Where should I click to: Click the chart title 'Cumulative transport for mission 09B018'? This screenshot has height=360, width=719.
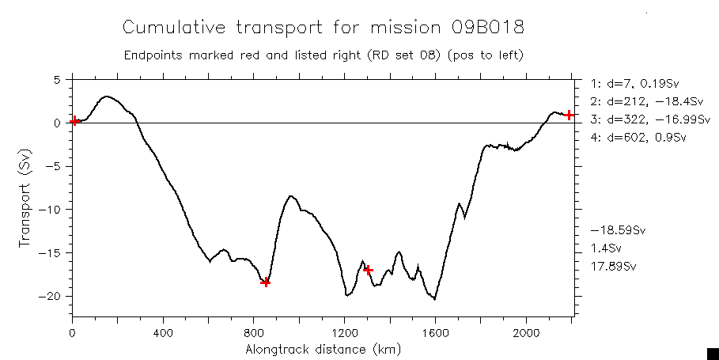pos(323,28)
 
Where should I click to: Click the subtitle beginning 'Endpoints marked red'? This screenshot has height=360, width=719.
pos(324,56)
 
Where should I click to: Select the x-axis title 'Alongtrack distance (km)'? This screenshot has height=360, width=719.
pos(323,349)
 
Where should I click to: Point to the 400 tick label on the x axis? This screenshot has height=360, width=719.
pos(163,332)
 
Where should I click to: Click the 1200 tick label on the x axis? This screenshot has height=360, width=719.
pos(345,332)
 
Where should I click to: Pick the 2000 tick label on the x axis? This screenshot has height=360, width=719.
pos(526,332)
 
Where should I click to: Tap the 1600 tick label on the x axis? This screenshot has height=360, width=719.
pos(436,332)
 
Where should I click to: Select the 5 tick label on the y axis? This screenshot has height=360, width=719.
pos(57,80)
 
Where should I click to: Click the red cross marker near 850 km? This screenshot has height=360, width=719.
pos(266,282)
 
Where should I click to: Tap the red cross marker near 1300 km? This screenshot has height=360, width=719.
pos(368,270)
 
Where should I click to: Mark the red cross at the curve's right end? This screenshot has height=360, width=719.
pos(569,115)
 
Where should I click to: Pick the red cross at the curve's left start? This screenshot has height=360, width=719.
pos(74,121)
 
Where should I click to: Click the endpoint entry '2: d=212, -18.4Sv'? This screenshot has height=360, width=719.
pos(635,101)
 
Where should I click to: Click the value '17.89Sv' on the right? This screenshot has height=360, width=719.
pos(613,266)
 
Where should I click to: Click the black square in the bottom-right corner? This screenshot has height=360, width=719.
pos(712,353)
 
